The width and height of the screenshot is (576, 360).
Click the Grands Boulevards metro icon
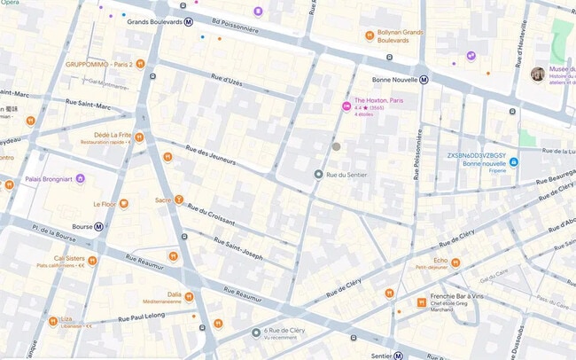(189, 22)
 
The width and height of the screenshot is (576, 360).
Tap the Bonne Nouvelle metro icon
(424, 79)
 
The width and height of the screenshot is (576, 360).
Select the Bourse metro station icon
(99, 226)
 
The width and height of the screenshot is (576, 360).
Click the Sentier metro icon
(400, 356)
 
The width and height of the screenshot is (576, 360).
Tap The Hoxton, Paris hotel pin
(346, 106)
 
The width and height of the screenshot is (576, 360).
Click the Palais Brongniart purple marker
(81, 178)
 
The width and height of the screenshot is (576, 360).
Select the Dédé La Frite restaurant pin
(139, 137)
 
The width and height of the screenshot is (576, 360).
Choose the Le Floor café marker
(124, 203)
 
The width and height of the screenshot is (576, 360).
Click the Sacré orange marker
(179, 200)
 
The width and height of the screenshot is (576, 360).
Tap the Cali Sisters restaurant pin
(92, 261)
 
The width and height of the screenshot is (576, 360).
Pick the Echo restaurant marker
(455, 261)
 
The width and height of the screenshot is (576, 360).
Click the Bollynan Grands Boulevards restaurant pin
(370, 35)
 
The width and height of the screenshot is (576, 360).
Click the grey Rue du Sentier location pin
(318, 175)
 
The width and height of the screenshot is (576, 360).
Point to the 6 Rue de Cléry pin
(256, 333)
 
